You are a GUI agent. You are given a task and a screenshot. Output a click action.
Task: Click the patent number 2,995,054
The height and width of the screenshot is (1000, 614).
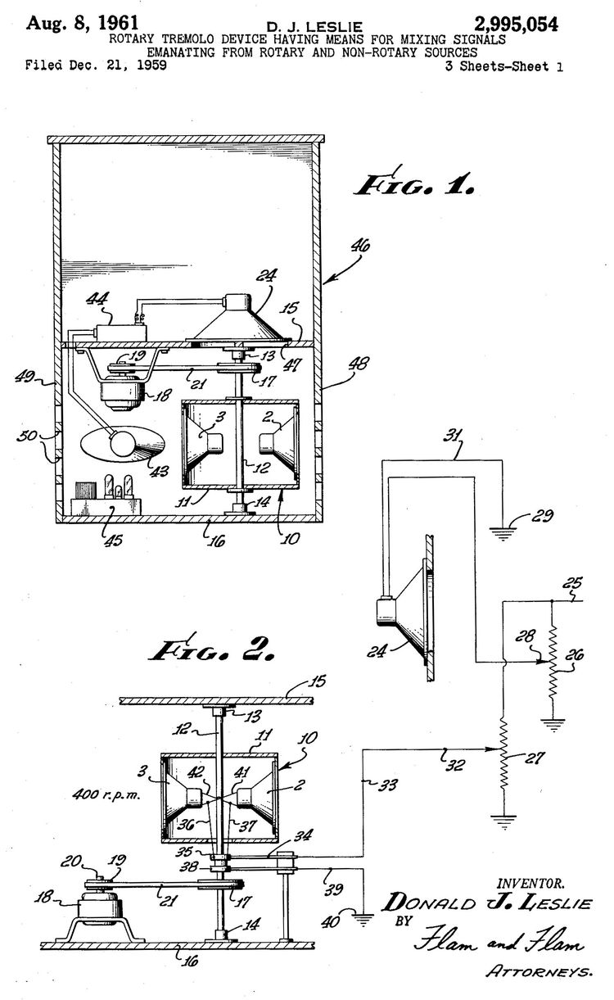512,25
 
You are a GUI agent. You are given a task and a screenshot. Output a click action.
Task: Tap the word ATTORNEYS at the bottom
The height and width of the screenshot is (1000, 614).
540,973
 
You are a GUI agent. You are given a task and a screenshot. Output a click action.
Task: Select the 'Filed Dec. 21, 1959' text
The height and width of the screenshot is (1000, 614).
96,66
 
